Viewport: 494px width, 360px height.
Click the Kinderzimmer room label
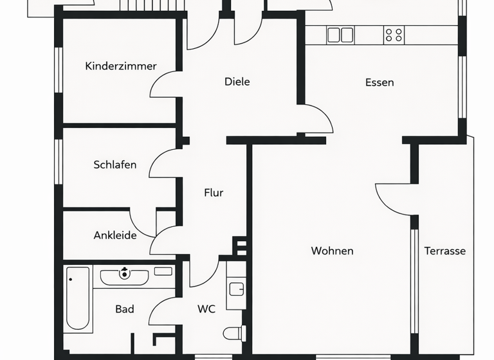(x=121, y=66)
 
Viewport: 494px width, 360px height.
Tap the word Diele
(x=237, y=82)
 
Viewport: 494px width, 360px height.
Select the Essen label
(x=380, y=82)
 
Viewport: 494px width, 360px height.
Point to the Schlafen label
(x=115, y=165)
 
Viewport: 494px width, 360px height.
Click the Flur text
(x=214, y=192)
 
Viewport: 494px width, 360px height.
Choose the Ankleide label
(x=115, y=235)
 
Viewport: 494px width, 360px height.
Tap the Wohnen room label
(x=332, y=251)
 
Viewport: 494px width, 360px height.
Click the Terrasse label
(x=444, y=251)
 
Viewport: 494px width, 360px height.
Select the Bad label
(x=125, y=309)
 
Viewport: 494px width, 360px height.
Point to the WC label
(x=206, y=309)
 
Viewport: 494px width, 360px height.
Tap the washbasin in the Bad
(x=124, y=276)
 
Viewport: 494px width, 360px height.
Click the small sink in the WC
(x=236, y=287)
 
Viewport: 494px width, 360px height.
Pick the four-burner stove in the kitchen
(x=394, y=35)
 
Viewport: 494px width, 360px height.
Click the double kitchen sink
(x=340, y=35)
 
